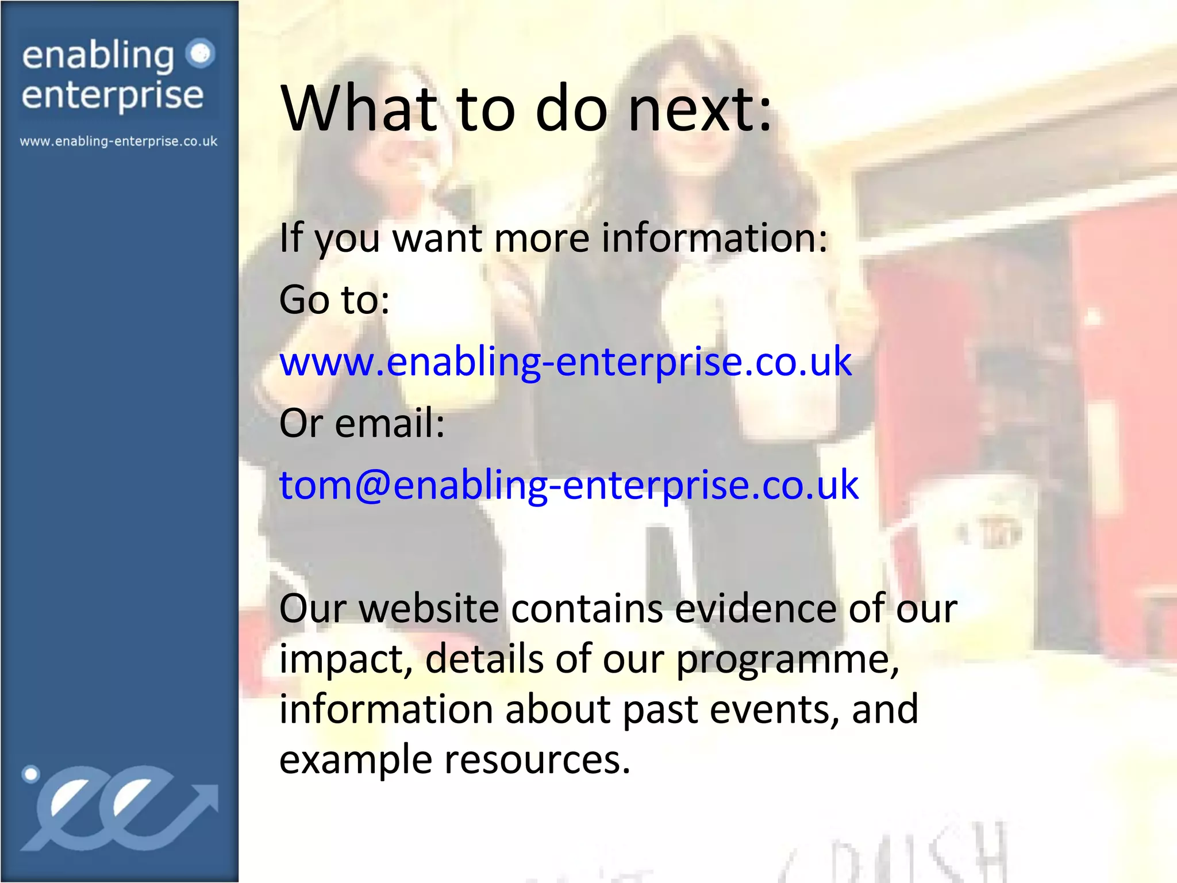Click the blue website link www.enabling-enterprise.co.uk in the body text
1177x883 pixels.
point(565,362)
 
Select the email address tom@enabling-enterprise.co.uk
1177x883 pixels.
point(568,485)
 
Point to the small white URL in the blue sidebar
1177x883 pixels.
point(119,141)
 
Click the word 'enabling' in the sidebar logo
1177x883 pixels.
point(98,56)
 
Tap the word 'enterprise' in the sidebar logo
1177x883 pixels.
point(113,95)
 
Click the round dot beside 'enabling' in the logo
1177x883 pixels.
point(201,54)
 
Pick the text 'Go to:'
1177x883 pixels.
point(334,300)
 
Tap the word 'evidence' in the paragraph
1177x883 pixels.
point(756,609)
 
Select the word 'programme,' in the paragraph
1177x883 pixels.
point(787,659)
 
